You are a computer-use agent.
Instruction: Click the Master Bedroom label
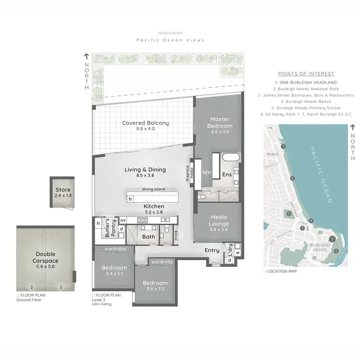(219, 122)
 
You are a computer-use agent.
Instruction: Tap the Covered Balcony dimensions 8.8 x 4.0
(145, 129)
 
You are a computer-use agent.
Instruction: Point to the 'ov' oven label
(122, 220)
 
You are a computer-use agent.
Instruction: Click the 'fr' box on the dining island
(130, 198)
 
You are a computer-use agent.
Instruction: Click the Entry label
(212, 250)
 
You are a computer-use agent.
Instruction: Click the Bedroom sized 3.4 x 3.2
(155, 283)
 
